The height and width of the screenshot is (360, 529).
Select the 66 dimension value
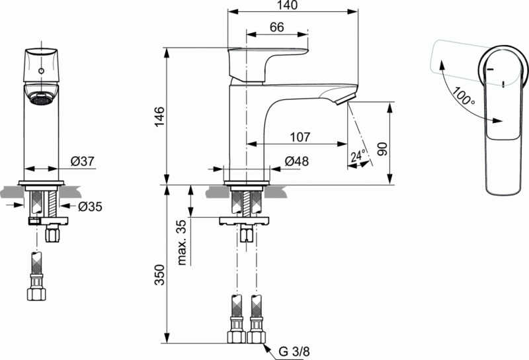point(276,27)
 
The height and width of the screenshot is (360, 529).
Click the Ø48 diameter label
point(296,161)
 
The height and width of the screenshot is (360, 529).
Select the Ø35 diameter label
point(90,206)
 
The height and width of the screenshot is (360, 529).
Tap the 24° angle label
point(357,156)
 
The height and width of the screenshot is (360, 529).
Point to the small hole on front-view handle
point(43,69)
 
